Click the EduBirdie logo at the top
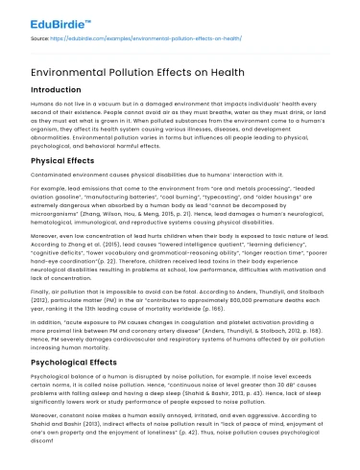pyautogui.click(x=38, y=15)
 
